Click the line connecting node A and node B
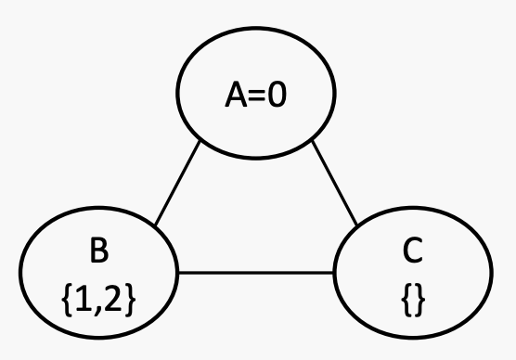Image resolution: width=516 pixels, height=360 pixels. pyautogui.click(x=177, y=183)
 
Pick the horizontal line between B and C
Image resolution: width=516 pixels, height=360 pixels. pyautogui.click(x=256, y=273)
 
